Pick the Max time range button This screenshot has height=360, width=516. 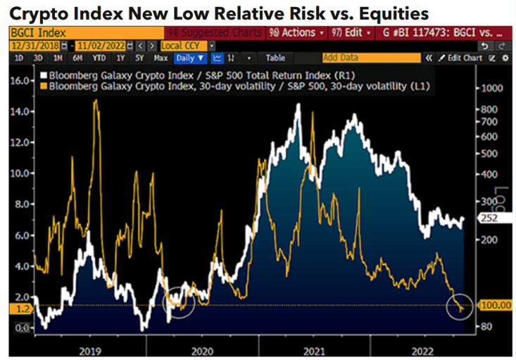(161, 58)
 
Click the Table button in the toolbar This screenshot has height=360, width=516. (275, 58)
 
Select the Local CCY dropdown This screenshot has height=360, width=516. (188, 45)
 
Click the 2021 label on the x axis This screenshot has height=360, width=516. (315, 349)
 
